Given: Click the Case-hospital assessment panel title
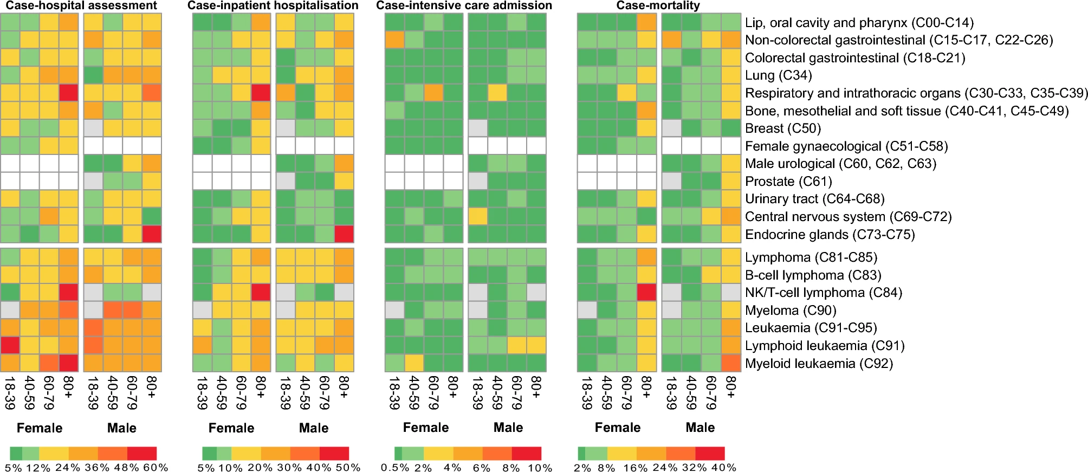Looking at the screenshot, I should tap(81, 5).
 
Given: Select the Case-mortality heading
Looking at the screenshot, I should tap(658, 5).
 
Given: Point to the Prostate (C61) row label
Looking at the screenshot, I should tap(788, 182).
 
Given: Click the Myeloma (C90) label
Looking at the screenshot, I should tap(791, 311).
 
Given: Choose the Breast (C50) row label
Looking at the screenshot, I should tap(783, 128).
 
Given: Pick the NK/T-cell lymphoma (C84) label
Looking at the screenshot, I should tap(824, 293).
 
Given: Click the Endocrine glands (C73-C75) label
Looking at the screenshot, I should tap(830, 235).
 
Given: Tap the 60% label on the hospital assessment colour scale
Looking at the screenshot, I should tap(159, 468).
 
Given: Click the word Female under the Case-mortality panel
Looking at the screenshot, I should tap(617, 428).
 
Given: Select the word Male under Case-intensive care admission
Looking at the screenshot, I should tap(508, 428).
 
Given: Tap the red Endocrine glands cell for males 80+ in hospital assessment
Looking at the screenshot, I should tap(152, 234).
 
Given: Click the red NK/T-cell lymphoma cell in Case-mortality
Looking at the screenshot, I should tap(646, 293).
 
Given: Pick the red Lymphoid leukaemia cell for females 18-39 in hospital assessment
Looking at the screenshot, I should tap(10, 345).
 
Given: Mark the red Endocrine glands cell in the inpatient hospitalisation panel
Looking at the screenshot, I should tap(344, 234).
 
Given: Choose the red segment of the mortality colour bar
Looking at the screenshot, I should tap(710, 454).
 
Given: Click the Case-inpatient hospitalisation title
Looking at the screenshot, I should tap(273, 5).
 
